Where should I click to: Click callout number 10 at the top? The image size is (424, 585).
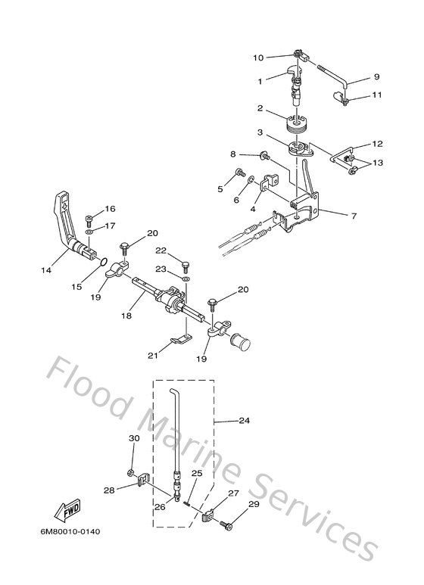(257, 58)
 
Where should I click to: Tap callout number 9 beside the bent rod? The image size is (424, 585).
(376, 76)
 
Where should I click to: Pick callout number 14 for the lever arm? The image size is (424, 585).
(48, 269)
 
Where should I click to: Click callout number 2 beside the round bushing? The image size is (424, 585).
(260, 108)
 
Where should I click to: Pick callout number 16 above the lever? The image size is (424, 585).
(110, 209)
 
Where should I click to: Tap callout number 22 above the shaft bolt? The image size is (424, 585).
(161, 250)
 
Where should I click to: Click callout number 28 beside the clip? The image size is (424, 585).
(109, 490)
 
